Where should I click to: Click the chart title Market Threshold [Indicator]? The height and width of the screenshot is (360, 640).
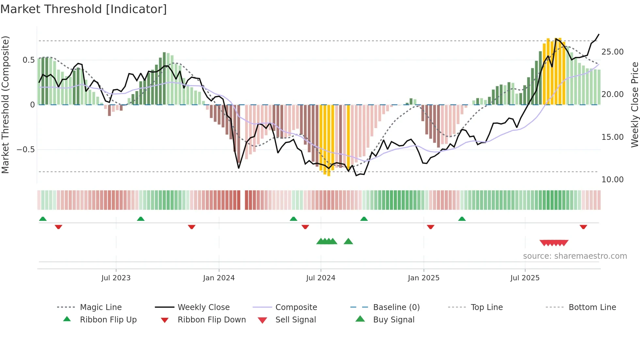pyautogui.click(x=84, y=9)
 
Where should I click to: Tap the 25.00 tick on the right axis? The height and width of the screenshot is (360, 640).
pyautogui.click(x=612, y=52)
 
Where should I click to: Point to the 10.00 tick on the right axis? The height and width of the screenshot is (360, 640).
pyautogui.click(x=612, y=180)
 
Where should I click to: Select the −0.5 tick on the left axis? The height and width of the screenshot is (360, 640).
pyautogui.click(x=25, y=150)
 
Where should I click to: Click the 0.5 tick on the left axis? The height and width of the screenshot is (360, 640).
pyautogui.click(x=28, y=60)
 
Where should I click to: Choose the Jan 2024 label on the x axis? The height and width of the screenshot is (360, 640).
pyautogui.click(x=219, y=278)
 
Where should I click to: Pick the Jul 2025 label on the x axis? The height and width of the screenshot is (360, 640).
pyautogui.click(x=525, y=278)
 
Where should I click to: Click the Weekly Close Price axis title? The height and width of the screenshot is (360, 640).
pyautogui.click(x=634, y=105)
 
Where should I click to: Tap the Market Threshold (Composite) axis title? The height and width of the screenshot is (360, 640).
pyautogui.click(x=5, y=105)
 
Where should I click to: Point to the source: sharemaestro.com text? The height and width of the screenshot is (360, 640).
pyautogui.click(x=575, y=256)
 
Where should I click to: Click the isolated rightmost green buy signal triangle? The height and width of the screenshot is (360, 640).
pyautogui.click(x=348, y=241)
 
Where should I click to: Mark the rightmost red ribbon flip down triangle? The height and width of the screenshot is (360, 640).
pyautogui.click(x=584, y=227)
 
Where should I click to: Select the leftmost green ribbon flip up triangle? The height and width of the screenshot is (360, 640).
pyautogui.click(x=43, y=219)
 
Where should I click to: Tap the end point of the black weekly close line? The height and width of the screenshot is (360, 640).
pyautogui.click(x=599, y=34)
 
